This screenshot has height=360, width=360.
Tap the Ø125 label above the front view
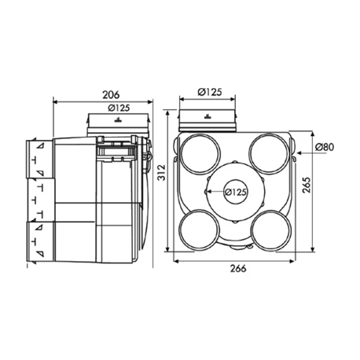(208, 92)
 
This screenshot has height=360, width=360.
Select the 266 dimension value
(239, 269)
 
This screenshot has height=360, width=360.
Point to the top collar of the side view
(116, 123)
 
